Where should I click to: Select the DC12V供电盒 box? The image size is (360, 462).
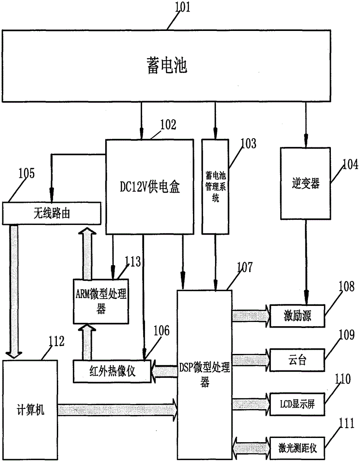pos(150,187)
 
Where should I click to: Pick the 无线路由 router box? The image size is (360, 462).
pos(53,213)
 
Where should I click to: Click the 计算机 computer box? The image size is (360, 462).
pos(30,409)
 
